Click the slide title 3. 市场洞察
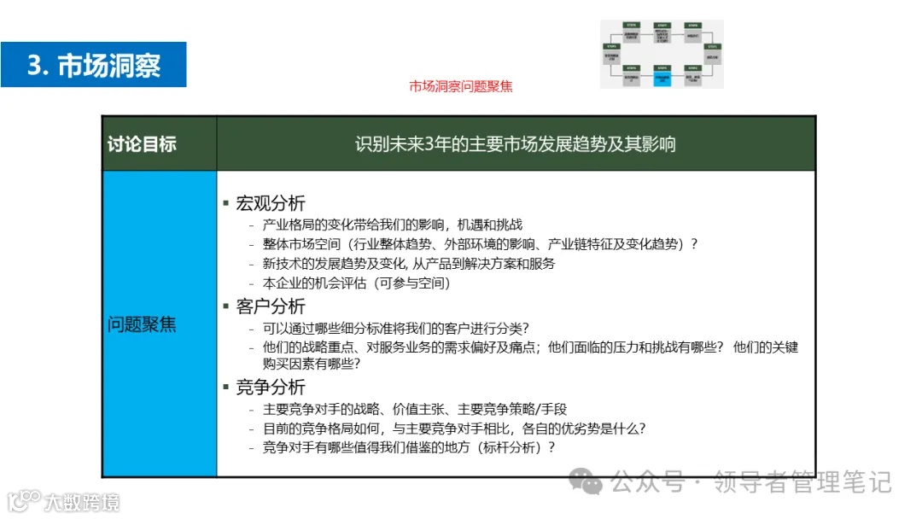click(x=94, y=65)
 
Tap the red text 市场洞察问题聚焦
click(x=461, y=86)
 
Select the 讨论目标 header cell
click(x=142, y=143)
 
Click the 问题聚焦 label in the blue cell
click(x=142, y=324)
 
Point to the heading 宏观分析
click(x=270, y=204)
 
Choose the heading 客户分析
click(x=270, y=306)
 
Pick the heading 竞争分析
click(x=270, y=388)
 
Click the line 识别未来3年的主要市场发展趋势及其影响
click(x=515, y=143)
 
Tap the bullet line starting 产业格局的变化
click(x=392, y=225)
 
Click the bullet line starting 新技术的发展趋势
click(x=408, y=264)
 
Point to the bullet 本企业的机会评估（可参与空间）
click(x=356, y=283)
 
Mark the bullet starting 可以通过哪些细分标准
click(x=395, y=329)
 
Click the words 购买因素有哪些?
click(x=311, y=364)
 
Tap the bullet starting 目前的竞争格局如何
click(x=453, y=429)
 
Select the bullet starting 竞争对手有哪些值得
click(x=408, y=447)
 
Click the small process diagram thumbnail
click(x=661, y=54)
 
